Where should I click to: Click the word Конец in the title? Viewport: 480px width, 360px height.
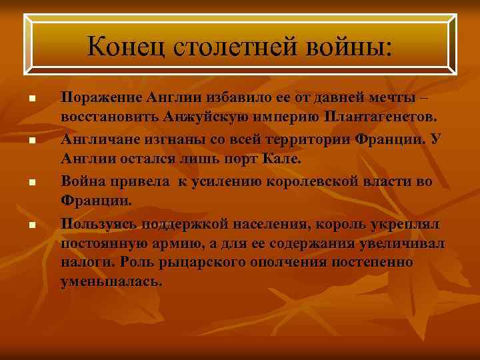coord(125,47)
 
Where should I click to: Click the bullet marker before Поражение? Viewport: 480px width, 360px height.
coord(31,99)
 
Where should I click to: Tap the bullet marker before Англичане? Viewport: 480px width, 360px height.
coord(31,140)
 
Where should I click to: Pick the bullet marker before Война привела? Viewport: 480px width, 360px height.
coord(31,181)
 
